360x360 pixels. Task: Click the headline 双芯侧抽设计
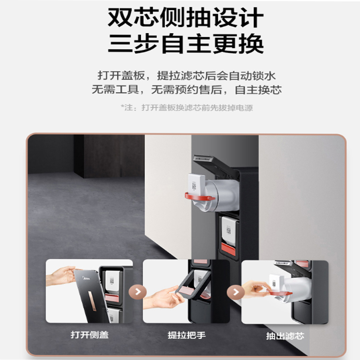[x=185, y=18]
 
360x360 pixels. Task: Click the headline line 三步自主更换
[x=185, y=44]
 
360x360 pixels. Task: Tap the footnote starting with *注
[x=187, y=108]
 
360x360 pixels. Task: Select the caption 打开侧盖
[x=90, y=335]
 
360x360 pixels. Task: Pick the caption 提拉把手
[x=186, y=335]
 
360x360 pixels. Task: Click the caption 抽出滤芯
[x=285, y=336]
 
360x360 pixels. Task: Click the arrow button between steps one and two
[x=138, y=292]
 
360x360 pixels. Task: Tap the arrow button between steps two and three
[x=236, y=292]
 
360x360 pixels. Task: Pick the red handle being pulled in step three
[x=280, y=292]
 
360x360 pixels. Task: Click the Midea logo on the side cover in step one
[x=86, y=278]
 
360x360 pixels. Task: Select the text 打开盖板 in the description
[x=121, y=75]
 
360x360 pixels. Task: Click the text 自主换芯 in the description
[x=258, y=90]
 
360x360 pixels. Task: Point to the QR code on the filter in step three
[x=274, y=284]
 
